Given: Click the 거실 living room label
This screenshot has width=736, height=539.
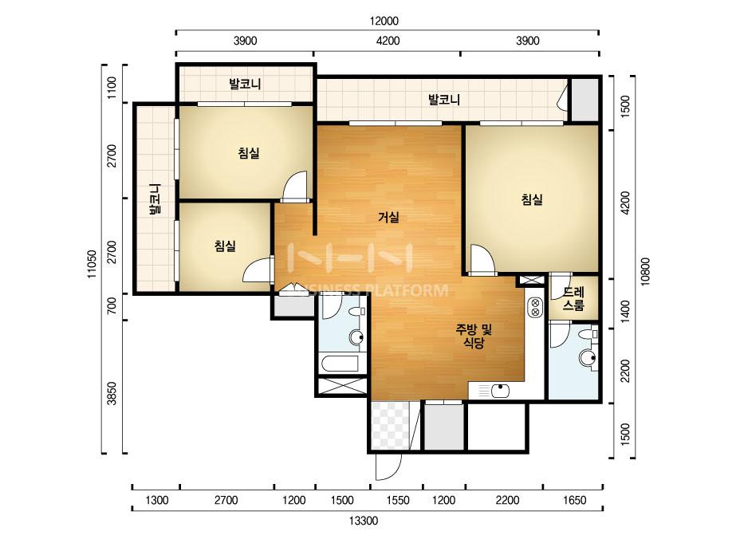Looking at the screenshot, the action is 388,218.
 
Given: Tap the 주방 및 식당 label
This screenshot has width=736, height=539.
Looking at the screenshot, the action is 474,336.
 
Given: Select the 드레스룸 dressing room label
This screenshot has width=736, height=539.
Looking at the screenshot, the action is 573,299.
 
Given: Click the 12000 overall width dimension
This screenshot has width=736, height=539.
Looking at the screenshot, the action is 384,21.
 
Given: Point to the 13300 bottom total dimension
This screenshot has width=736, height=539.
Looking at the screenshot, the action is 364,521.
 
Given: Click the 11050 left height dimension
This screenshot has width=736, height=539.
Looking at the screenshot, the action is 92,264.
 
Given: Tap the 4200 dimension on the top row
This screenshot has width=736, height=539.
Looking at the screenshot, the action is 388,41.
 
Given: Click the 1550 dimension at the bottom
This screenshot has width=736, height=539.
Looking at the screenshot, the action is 398,500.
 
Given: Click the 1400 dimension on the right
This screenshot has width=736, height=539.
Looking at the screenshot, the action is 625,310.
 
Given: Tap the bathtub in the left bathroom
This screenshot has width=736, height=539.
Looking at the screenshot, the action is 339,364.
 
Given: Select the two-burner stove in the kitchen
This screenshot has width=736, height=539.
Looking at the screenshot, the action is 534,307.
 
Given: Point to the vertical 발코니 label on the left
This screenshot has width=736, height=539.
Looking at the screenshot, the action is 154,199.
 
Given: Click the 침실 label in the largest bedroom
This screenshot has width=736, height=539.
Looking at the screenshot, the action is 532,199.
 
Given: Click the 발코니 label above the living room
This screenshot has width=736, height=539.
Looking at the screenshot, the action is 443,100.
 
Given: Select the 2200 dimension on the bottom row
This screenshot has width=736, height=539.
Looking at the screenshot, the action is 507,500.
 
